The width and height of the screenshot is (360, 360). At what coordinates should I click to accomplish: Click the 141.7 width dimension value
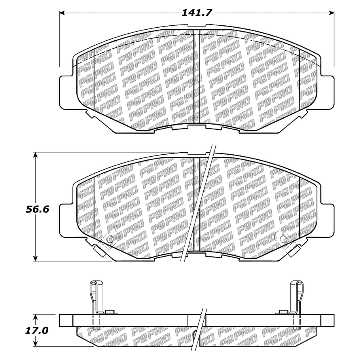[x=197, y=13]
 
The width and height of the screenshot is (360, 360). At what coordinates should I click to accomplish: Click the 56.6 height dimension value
[x=38, y=209]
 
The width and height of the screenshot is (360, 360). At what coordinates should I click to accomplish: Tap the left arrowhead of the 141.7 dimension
[x=62, y=13]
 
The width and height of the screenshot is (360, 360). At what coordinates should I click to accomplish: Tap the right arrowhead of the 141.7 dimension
[x=331, y=13]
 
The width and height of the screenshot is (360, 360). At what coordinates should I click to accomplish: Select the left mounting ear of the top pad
[x=66, y=92]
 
